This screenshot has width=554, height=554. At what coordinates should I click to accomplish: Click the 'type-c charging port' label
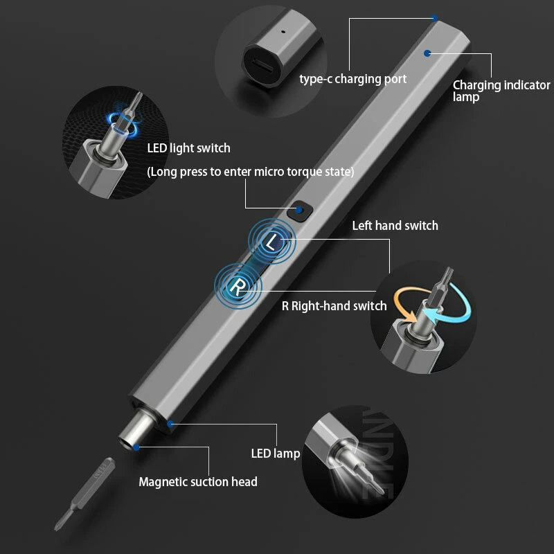(x=352, y=79)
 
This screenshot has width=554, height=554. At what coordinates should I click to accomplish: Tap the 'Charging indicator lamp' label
(x=501, y=91)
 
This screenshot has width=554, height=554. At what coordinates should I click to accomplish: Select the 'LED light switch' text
(x=188, y=148)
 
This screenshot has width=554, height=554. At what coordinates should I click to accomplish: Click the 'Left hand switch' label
(x=395, y=225)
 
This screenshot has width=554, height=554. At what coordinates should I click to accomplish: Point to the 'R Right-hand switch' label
(x=334, y=305)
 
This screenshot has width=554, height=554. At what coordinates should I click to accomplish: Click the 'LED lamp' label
(x=275, y=454)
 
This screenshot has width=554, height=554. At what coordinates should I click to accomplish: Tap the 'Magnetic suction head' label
(x=198, y=481)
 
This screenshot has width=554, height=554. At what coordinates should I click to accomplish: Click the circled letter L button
(x=272, y=242)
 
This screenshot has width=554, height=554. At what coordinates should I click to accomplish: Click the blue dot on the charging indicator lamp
(x=427, y=52)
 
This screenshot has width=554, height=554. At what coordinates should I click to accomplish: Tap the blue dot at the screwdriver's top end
(x=434, y=18)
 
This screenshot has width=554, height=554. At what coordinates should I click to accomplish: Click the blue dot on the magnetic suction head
(x=136, y=447)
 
